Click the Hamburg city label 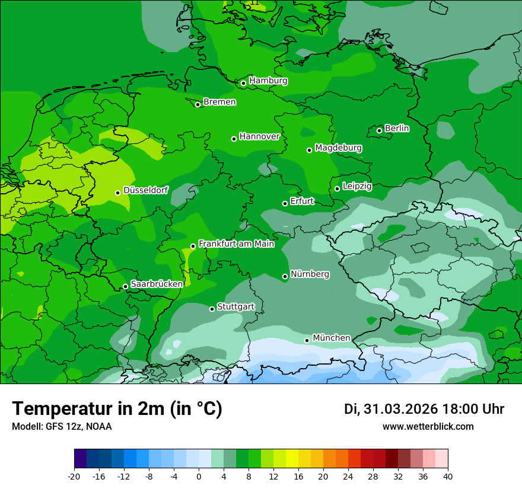click(268, 81)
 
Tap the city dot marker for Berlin click(379, 130)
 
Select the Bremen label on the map click(219, 102)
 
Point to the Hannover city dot click(234, 139)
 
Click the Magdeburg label click(338, 148)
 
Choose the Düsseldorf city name click(145, 190)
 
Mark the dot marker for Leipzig click(337, 189)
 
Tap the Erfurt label click(302, 202)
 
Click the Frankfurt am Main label click(236, 244)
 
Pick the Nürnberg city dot click(285, 276)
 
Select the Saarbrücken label click(157, 284)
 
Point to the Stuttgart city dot click(212, 309)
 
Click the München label click(331, 338)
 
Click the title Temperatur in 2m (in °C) click(117, 409)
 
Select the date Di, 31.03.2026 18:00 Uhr click(424, 409)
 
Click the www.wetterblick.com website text click(428, 426)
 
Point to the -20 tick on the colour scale click(74, 476)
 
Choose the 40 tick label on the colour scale click(448, 476)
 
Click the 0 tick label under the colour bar click(199, 476)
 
